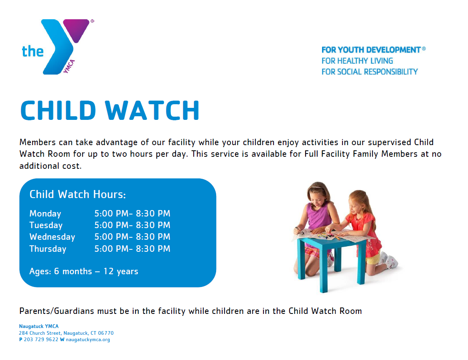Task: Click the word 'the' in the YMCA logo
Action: (x=33, y=51)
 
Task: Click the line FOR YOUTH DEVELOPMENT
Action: (x=373, y=50)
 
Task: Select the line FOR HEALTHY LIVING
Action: (x=357, y=61)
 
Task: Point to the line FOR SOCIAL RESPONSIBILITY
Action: (x=369, y=72)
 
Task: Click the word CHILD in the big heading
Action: (x=58, y=110)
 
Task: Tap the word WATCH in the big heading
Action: (x=152, y=110)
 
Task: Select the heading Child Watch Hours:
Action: (x=78, y=194)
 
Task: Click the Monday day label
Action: (x=45, y=214)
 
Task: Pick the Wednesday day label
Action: (x=52, y=237)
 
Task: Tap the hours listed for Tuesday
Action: (x=132, y=225)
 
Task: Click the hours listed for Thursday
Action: (x=132, y=249)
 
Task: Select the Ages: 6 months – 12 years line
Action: (x=83, y=271)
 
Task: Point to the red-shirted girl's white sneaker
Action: (x=391, y=261)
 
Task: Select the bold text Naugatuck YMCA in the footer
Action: (x=39, y=326)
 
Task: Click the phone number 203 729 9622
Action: (x=41, y=340)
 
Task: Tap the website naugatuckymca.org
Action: (x=88, y=340)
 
